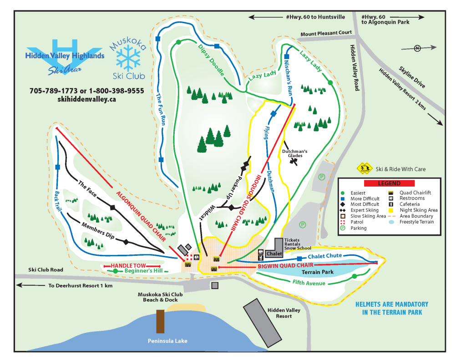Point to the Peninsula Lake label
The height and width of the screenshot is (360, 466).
167,341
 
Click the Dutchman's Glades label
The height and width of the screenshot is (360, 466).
294,153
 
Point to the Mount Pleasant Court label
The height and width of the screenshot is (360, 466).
326,33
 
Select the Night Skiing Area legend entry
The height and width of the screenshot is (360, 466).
418,210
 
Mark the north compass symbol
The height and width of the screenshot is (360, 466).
417,48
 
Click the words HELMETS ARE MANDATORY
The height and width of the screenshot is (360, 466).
392,304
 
